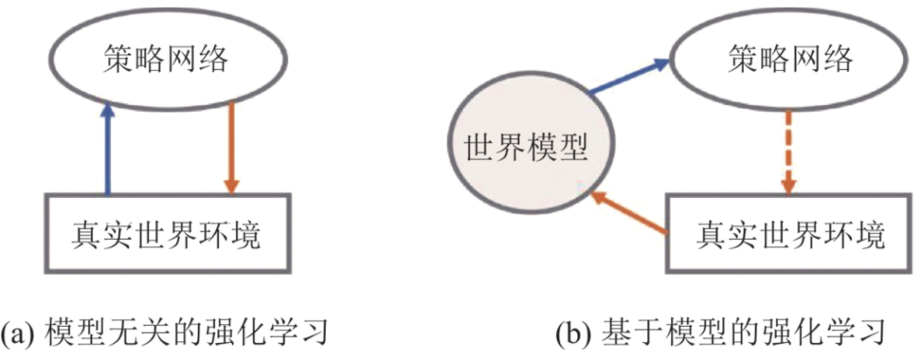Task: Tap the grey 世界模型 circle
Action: pos(525,148)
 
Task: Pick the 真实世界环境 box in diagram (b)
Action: pos(790,233)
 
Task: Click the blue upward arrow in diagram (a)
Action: pos(107,149)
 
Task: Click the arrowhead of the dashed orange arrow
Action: pos(789,183)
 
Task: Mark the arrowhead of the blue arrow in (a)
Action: pos(107,111)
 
